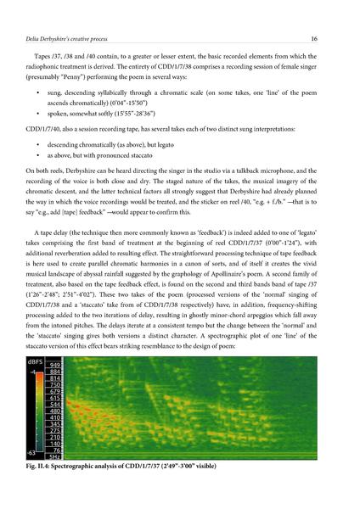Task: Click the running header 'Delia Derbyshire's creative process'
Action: click(78, 38)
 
